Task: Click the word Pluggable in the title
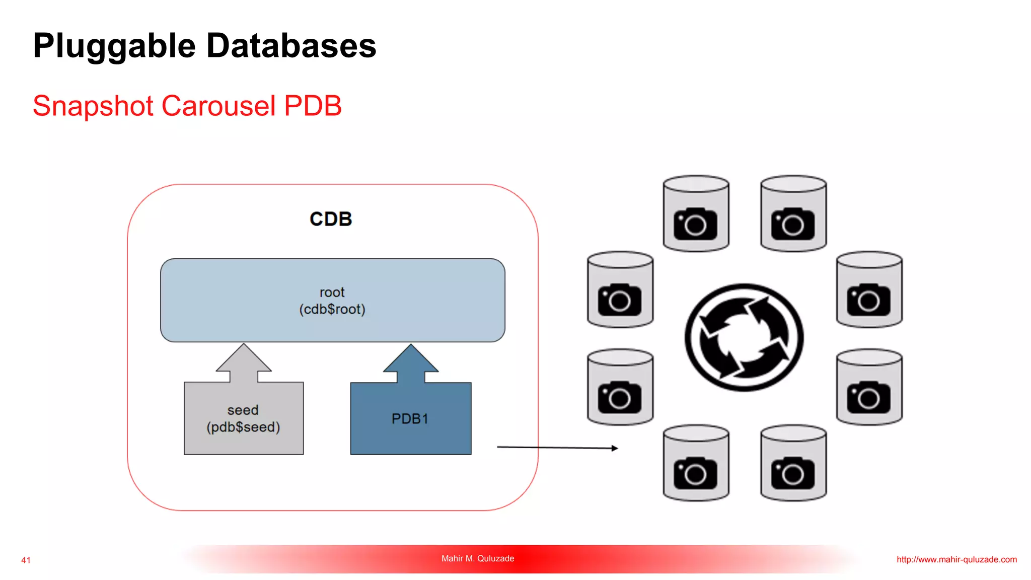(114, 46)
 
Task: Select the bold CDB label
(331, 219)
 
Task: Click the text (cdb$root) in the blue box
(332, 309)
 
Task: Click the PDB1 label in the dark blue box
(410, 419)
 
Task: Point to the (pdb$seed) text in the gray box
(243, 427)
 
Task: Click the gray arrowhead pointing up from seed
(244, 358)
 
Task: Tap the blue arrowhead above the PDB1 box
(411, 359)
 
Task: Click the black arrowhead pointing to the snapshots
(614, 448)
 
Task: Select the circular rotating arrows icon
(744, 337)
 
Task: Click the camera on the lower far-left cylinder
(619, 398)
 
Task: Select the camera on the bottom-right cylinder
(792, 473)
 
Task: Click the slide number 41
(26, 560)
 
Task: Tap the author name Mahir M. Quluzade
(478, 558)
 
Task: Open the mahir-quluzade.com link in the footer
(956, 559)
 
